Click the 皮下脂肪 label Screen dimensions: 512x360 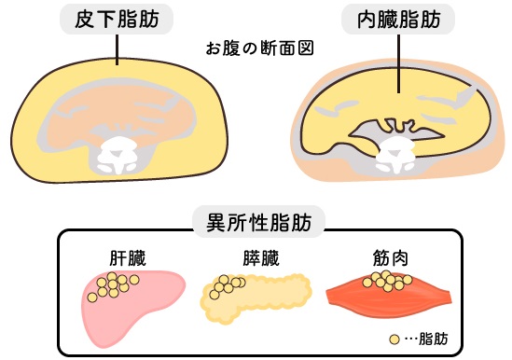(117, 20)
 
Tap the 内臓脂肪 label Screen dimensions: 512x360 (399, 20)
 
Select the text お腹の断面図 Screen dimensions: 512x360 (260, 48)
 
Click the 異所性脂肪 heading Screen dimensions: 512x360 (259, 223)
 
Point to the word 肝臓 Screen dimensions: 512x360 (128, 258)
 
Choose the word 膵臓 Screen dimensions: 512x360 (261, 258)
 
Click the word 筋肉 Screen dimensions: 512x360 (391, 258)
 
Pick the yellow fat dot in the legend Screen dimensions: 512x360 (394, 339)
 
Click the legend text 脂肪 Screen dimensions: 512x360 (433, 339)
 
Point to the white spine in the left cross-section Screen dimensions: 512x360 (117, 155)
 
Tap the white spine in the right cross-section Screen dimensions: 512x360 (395, 155)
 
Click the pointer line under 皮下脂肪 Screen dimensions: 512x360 (117, 49)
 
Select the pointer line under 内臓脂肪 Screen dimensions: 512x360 (399, 63)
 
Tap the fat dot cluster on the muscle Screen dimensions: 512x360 (387, 281)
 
